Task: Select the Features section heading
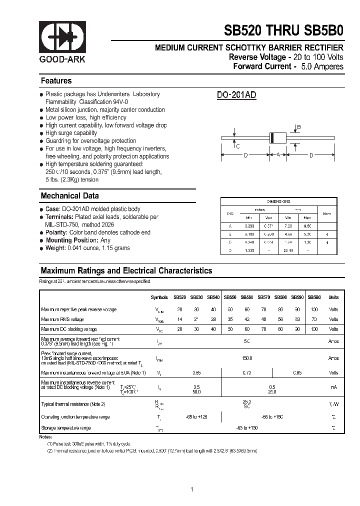[56, 81]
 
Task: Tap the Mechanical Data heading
[69, 196]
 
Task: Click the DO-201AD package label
[237, 95]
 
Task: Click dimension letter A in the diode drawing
[278, 155]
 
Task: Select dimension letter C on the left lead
[238, 146]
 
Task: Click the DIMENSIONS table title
[278, 201]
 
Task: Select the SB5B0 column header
[314, 297]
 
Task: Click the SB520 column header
[179, 297]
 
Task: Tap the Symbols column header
[159, 297]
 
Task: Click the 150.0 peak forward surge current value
[246, 358]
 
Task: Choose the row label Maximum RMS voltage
[62, 319]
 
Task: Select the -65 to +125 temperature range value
[196, 416]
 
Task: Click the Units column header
[333, 297]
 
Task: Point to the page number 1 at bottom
[192, 475]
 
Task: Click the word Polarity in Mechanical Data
[55, 232]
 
